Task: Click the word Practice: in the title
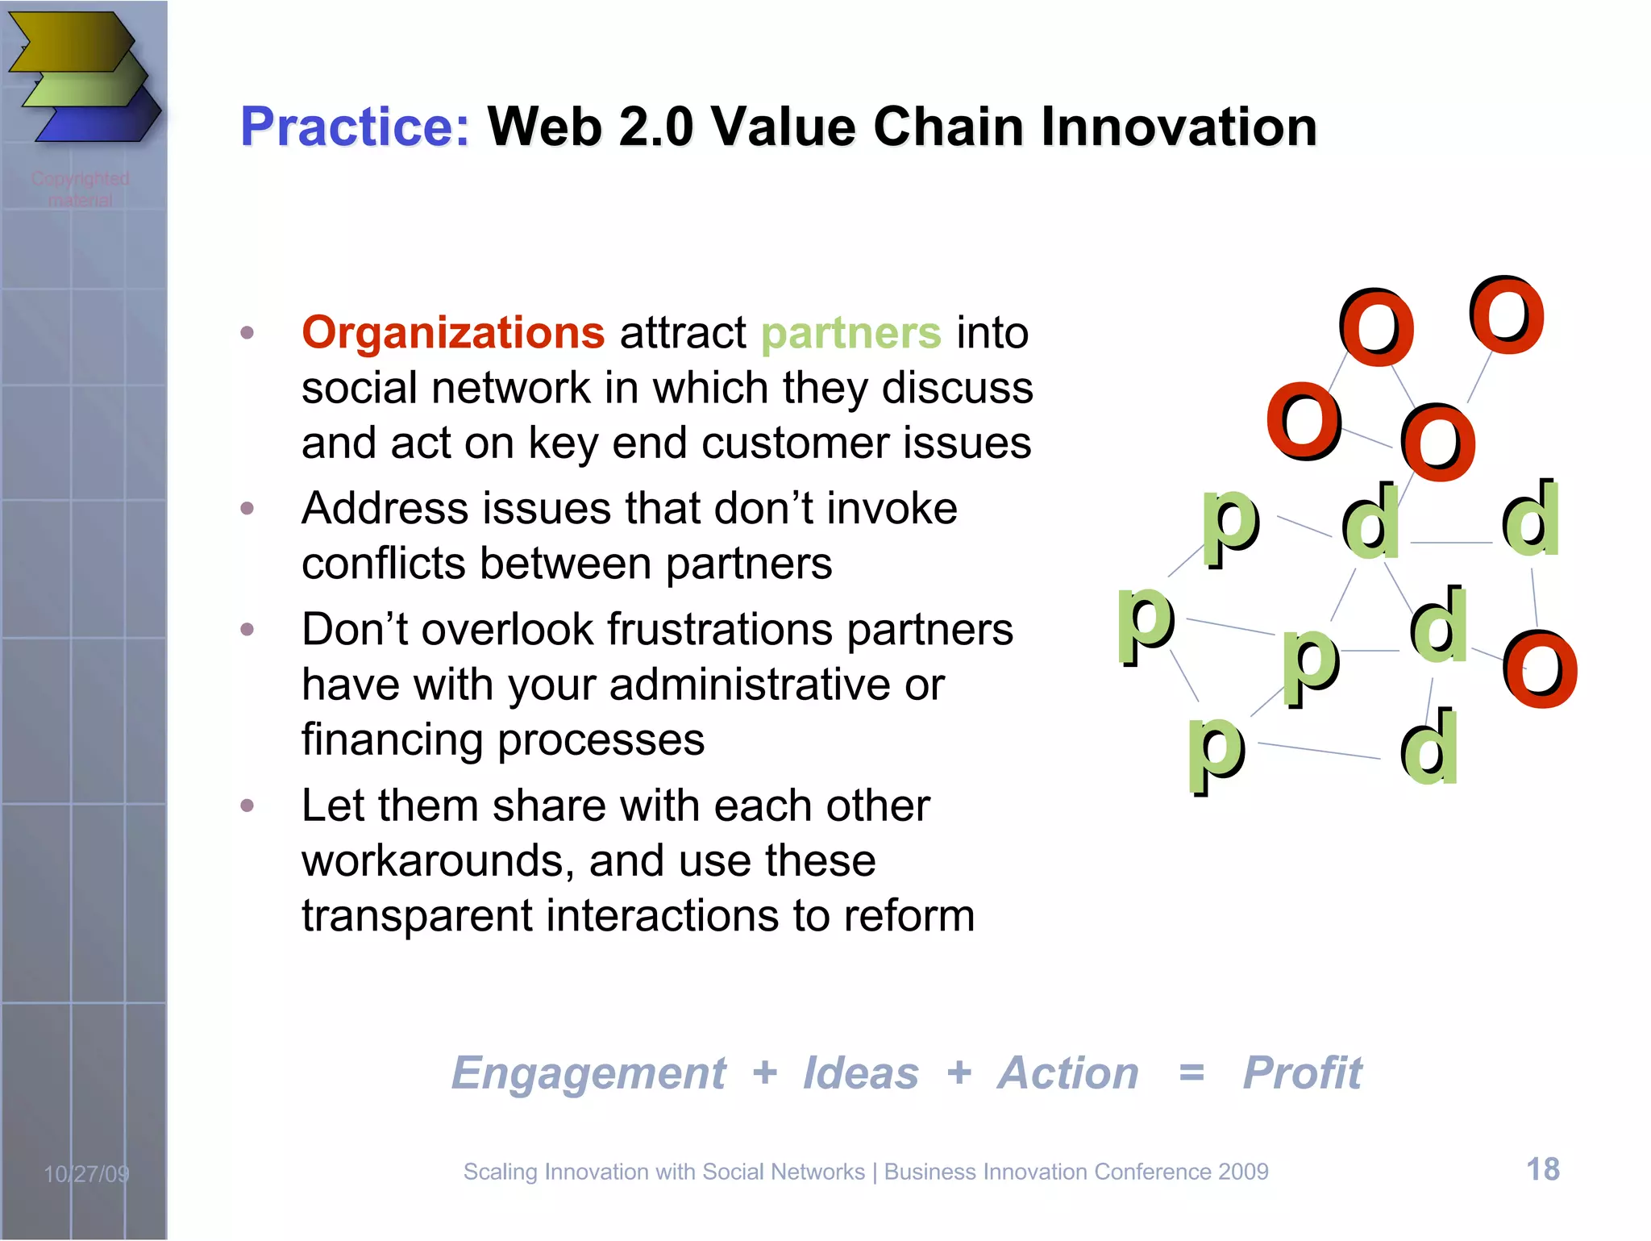click(x=355, y=127)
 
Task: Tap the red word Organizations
click(x=453, y=333)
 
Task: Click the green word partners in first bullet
click(x=850, y=333)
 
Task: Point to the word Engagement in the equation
click(x=588, y=1073)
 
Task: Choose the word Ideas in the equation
click(x=860, y=1073)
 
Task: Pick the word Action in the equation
click(x=1067, y=1073)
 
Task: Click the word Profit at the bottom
click(x=1302, y=1073)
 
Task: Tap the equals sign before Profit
click(x=1191, y=1073)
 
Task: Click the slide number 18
click(x=1543, y=1169)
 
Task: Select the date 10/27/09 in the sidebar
click(x=86, y=1174)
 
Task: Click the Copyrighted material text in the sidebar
click(x=80, y=189)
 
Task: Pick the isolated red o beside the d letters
click(x=1540, y=669)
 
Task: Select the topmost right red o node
click(x=1506, y=316)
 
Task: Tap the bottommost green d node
click(x=1429, y=748)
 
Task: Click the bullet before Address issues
click(x=247, y=508)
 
